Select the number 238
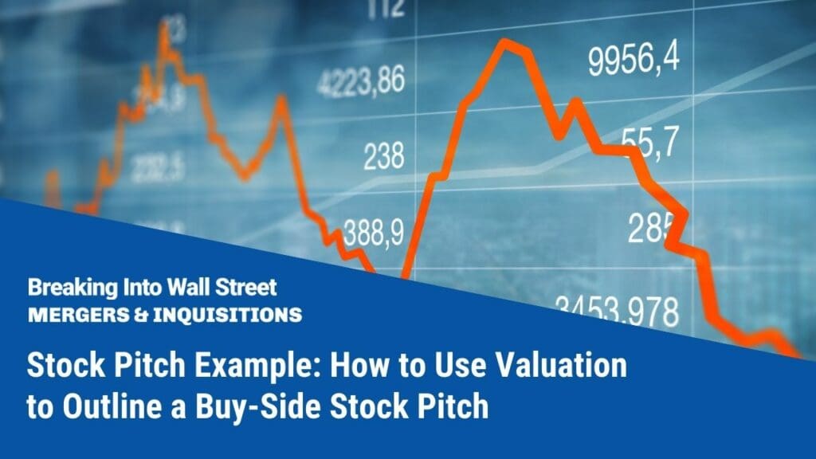(384, 157)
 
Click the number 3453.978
(618, 309)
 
